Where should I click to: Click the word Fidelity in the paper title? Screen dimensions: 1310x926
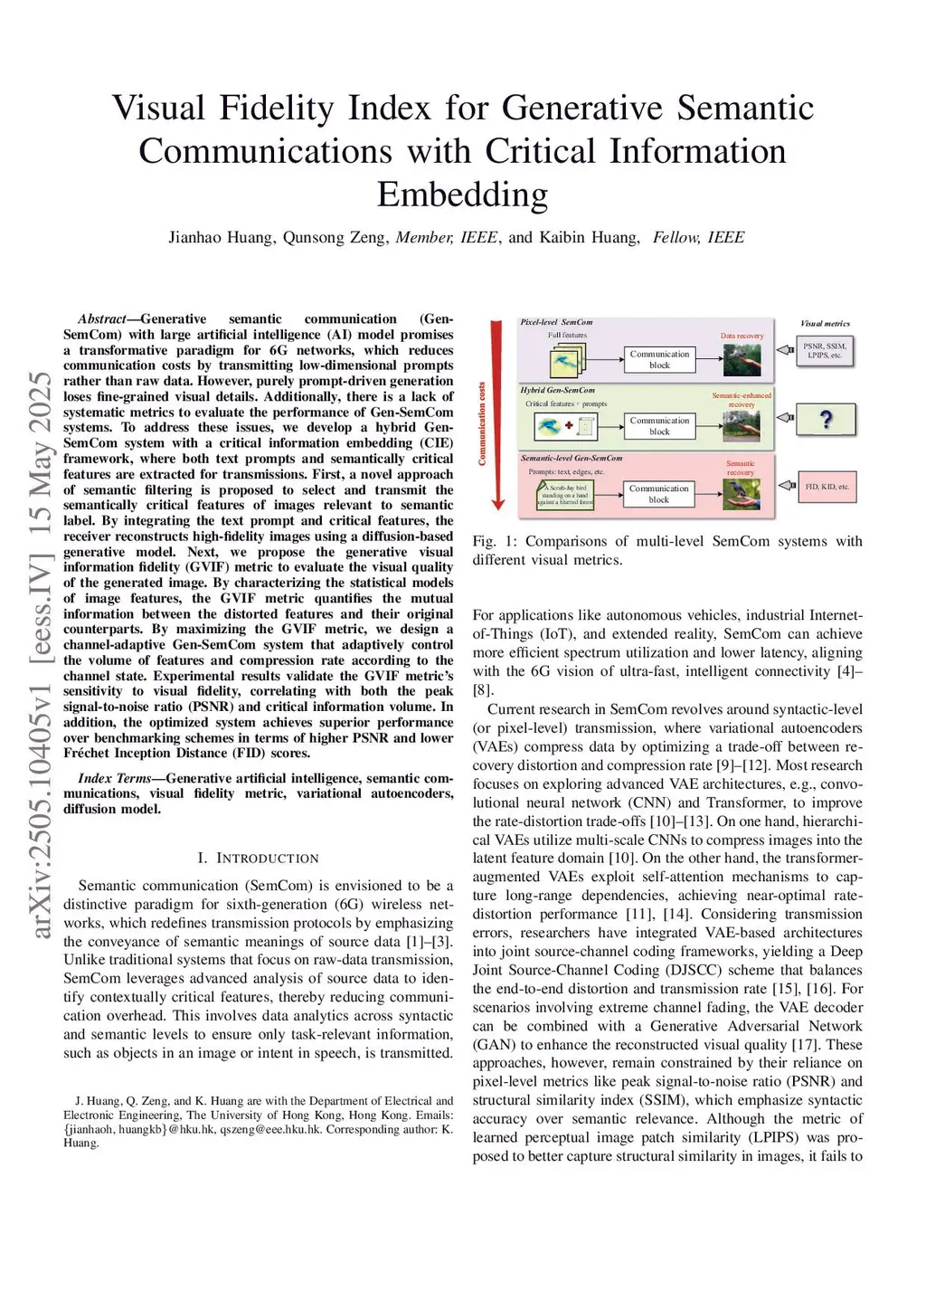[277, 109]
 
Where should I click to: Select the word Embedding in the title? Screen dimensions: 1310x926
[462, 195]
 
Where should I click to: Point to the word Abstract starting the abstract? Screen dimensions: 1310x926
[101, 319]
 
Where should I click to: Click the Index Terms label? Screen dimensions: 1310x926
[114, 778]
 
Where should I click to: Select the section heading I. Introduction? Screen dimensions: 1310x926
[258, 858]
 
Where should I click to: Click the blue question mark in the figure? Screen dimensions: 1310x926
[825, 420]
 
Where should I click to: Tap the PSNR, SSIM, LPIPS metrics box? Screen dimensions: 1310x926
[825, 351]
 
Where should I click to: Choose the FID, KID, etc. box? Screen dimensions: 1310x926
[827, 487]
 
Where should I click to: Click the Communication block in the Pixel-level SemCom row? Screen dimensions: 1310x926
[659, 359]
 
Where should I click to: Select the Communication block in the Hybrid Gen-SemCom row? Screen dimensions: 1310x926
[659, 426]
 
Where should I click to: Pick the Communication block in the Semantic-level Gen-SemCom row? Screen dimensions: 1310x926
[659, 493]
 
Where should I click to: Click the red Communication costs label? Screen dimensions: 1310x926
[482, 423]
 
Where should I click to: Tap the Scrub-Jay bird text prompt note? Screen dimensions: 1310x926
[566, 495]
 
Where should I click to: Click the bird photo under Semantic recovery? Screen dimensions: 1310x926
[742, 494]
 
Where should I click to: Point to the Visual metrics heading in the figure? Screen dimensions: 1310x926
[825, 324]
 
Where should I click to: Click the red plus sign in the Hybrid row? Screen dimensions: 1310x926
[569, 425]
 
